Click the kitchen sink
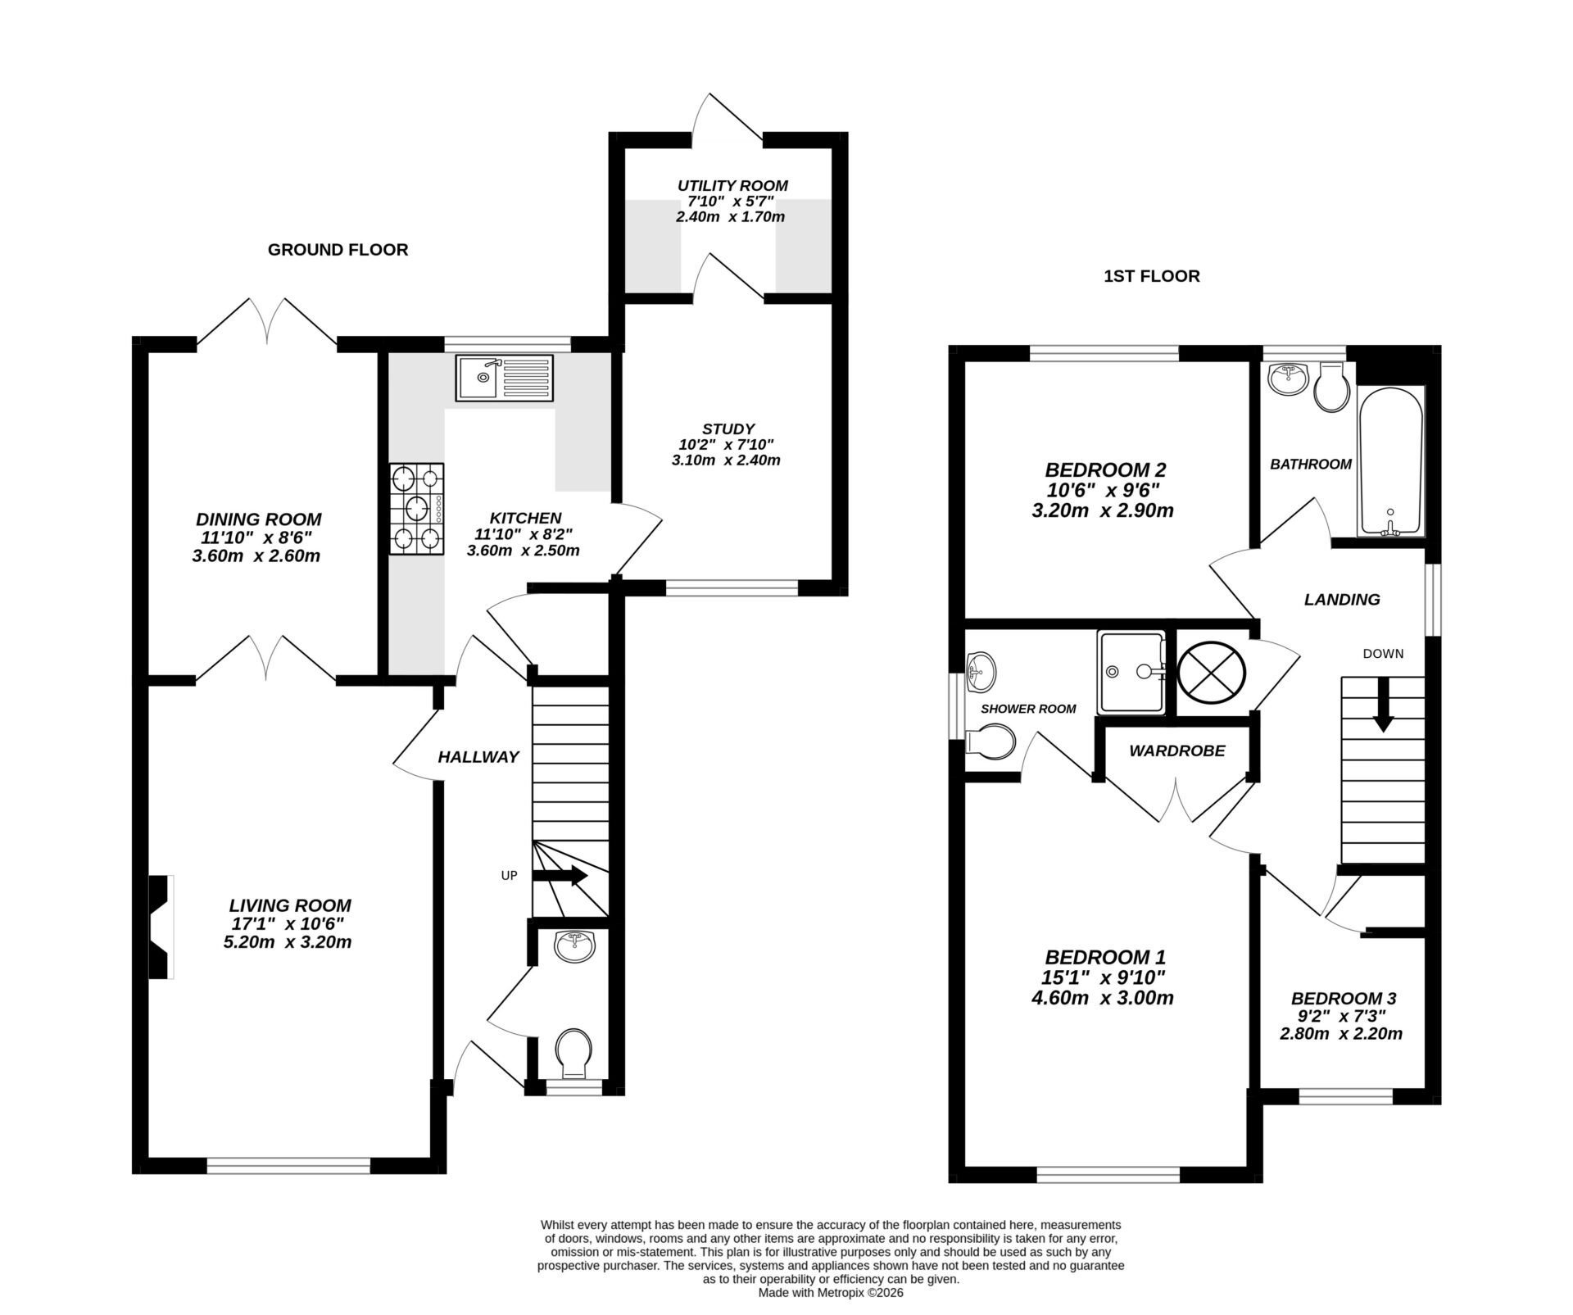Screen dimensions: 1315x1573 point(504,378)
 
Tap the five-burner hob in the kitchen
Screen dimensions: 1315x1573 point(417,509)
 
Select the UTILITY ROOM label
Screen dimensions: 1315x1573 point(732,186)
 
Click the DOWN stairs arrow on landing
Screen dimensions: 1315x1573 point(1384,704)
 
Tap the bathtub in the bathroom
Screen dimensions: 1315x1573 point(1390,463)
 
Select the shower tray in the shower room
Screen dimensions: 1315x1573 point(1131,671)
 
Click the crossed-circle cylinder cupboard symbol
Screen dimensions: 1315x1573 point(1211,671)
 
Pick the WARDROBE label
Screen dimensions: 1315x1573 point(1176,750)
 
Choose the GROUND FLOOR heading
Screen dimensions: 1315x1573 point(338,250)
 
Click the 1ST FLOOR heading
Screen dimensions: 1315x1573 point(1151,276)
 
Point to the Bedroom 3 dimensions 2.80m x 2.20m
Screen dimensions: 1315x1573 point(1341,1034)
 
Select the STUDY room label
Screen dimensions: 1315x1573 point(728,429)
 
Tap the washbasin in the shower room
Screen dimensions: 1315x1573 point(981,672)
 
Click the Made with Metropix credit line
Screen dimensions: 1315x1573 point(830,1293)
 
